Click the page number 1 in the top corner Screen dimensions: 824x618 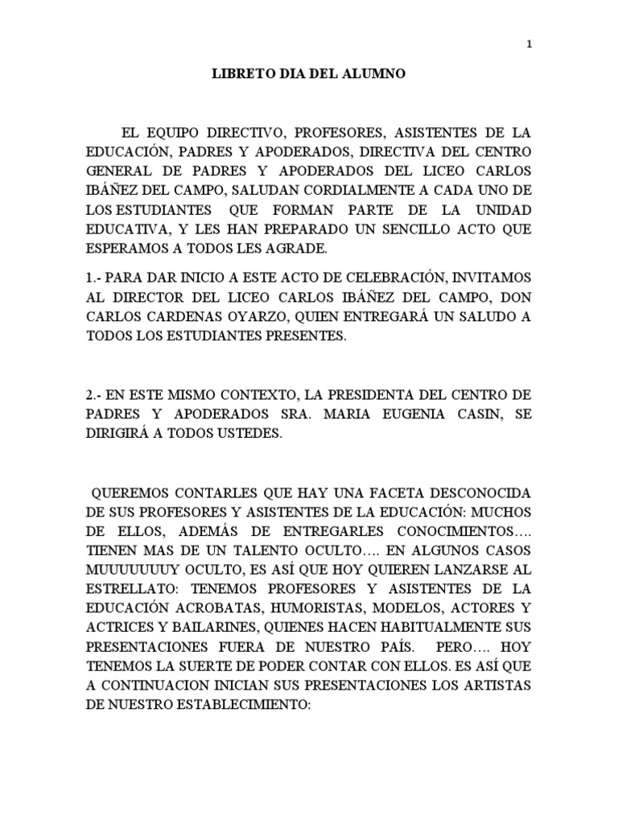[x=529, y=44]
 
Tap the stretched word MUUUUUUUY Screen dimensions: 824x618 [x=135, y=569]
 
